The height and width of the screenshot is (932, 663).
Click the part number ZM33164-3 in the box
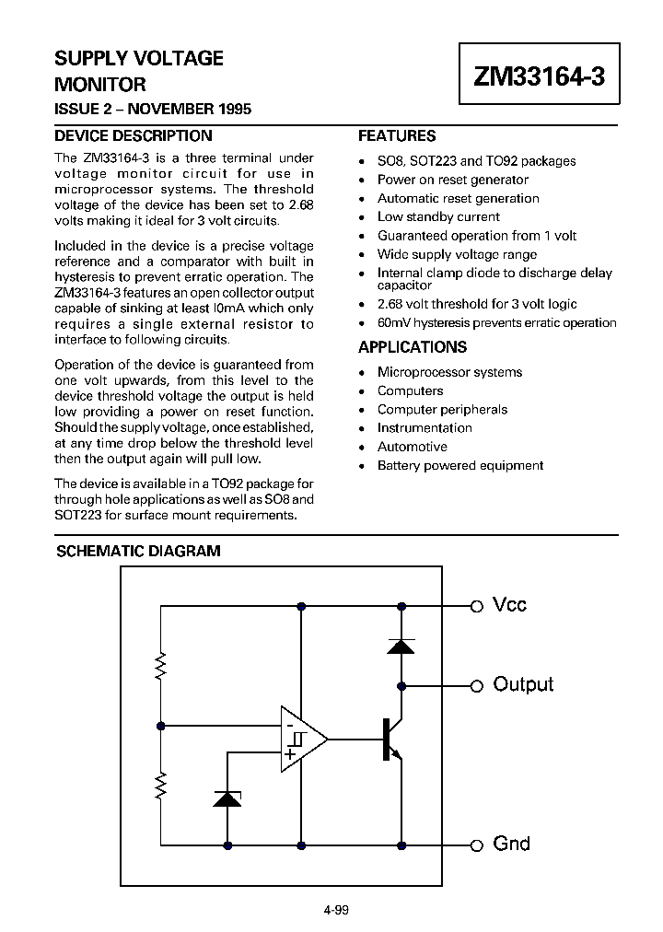click(x=539, y=77)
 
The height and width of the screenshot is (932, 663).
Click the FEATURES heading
click(x=396, y=135)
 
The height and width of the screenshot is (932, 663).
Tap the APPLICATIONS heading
click(x=412, y=347)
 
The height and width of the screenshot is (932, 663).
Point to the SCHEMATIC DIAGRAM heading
click(x=138, y=552)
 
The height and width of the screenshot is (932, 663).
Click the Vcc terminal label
click(x=510, y=605)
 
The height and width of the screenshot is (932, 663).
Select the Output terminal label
click(x=523, y=684)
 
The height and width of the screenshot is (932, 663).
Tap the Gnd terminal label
click(x=511, y=844)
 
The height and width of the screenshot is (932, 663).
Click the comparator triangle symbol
click(x=302, y=739)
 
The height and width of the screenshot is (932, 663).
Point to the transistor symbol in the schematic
click(x=390, y=739)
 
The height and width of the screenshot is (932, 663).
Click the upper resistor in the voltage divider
click(x=161, y=666)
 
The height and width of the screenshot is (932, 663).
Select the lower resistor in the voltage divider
click(x=161, y=786)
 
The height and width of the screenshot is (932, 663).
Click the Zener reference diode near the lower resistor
click(x=227, y=798)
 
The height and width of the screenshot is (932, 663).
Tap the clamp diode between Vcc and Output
click(x=401, y=646)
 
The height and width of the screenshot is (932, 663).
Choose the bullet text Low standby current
click(x=438, y=217)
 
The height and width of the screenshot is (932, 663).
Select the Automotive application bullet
click(x=412, y=447)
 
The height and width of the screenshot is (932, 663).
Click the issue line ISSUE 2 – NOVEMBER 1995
click(x=153, y=110)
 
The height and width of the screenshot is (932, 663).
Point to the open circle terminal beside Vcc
click(x=477, y=606)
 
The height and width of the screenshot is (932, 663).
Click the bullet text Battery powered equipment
click(x=459, y=465)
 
